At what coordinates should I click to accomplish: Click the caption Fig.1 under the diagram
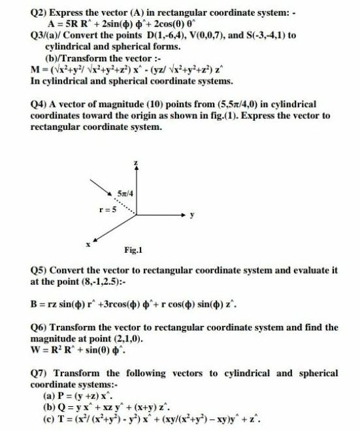(133, 249)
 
